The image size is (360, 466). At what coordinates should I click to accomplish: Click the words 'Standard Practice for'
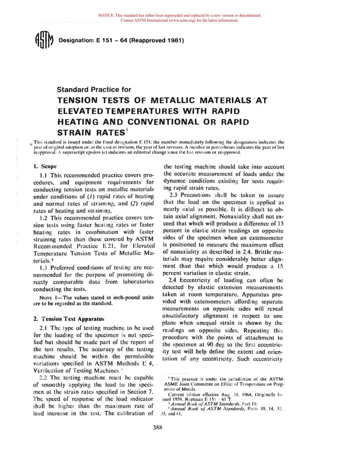click(x=94, y=90)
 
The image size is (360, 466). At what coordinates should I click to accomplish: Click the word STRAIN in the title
click(x=74, y=133)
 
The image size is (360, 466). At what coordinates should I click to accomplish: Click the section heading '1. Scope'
click(x=45, y=166)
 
